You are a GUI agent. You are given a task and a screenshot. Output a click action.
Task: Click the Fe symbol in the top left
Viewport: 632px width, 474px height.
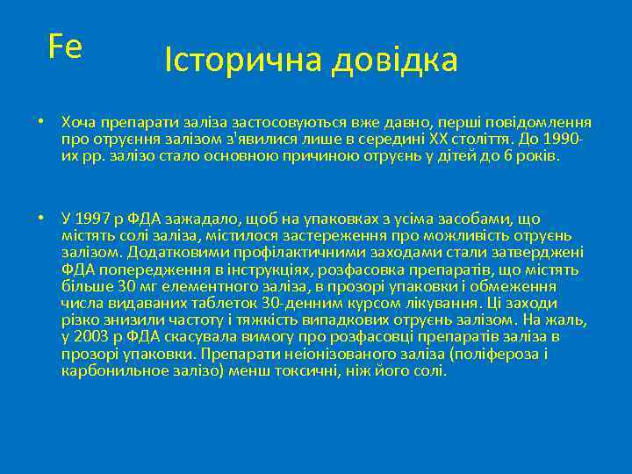pyautogui.click(x=65, y=46)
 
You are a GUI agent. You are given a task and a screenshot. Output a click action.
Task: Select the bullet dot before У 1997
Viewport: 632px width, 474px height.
pyautogui.click(x=40, y=218)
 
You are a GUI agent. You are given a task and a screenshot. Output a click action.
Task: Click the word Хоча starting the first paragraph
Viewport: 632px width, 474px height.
pyautogui.click(x=80, y=122)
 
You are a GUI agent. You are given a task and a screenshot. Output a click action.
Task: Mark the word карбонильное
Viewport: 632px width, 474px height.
pyautogui.click(x=111, y=370)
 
